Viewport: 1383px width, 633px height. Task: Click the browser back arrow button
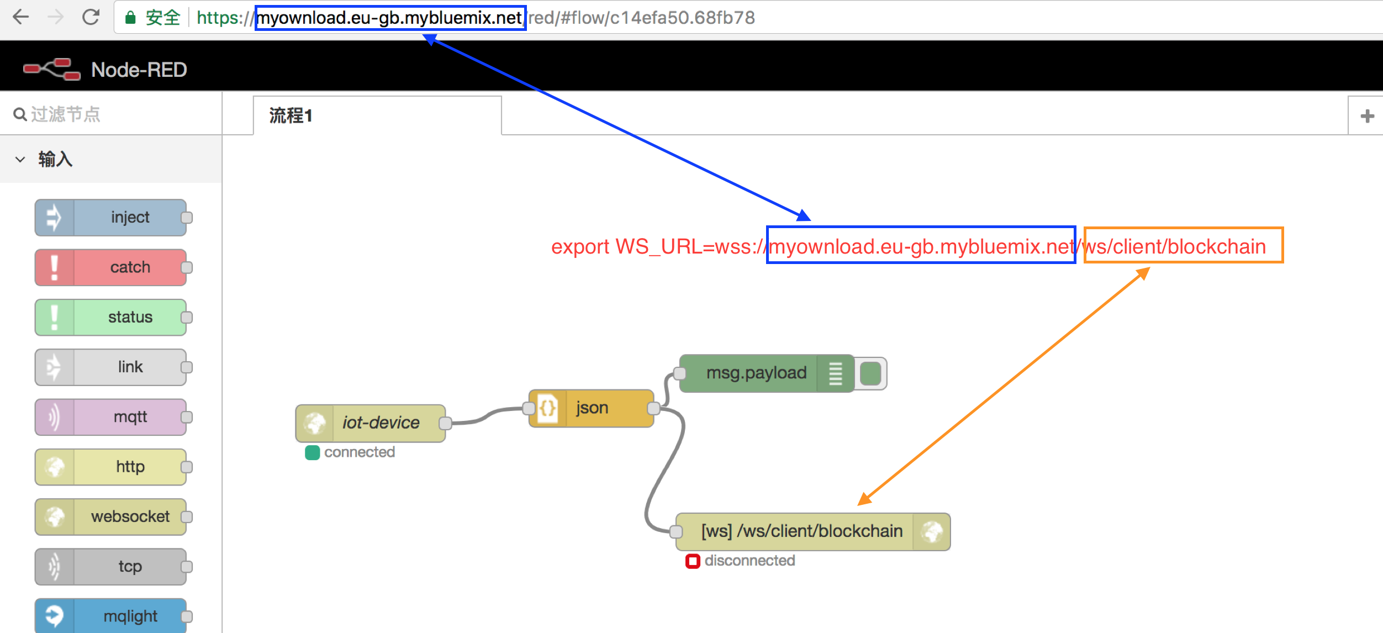21,17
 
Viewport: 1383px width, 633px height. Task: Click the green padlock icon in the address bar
130,18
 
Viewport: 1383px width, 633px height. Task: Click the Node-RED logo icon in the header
52,70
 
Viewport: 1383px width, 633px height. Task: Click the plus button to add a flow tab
1368,116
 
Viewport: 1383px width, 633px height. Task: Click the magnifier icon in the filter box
20,114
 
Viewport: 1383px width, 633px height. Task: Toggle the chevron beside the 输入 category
20,160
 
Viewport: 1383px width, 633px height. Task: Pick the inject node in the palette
110,218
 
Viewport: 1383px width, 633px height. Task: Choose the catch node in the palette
110,267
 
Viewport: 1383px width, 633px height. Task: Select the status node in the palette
110,317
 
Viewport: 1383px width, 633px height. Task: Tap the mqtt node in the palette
110,417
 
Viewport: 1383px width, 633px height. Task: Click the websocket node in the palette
110,516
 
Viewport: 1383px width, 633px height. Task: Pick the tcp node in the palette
110,566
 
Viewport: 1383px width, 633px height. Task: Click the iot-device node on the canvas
371,423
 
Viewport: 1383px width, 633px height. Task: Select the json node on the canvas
591,408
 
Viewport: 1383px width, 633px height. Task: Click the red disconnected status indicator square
693,561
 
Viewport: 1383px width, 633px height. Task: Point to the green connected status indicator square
313,453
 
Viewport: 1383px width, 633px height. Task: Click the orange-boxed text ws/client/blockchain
1175,246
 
